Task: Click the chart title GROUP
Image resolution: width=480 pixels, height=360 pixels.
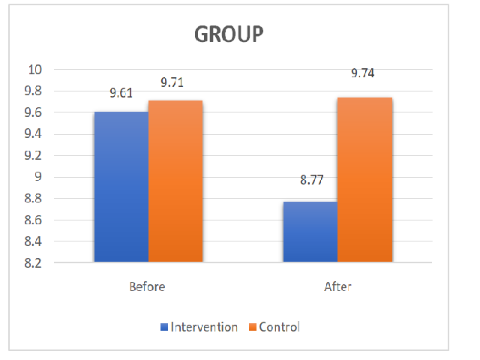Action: coord(229,35)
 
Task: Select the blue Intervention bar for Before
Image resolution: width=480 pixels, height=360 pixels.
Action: coord(121,187)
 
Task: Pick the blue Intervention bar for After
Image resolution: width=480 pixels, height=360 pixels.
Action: coord(310,232)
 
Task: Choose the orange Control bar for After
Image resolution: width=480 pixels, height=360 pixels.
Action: coord(364,180)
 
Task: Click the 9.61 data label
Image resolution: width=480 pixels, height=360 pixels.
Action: coord(121,94)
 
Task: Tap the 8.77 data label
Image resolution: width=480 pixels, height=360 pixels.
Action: coord(310,181)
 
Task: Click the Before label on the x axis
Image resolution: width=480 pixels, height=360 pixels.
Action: coord(147,286)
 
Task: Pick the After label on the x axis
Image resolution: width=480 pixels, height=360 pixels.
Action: coord(337,286)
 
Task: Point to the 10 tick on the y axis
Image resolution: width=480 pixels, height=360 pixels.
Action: coord(37,70)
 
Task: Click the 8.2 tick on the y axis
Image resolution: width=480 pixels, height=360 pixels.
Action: coord(34,264)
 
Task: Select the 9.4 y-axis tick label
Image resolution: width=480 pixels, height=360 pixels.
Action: coord(34,134)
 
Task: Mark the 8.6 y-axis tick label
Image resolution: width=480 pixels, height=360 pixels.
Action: coord(34,220)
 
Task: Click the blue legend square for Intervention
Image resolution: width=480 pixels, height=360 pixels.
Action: coord(164,327)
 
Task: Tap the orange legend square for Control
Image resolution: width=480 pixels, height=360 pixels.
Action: coord(253,327)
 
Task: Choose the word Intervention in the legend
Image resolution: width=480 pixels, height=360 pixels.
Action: coord(204,327)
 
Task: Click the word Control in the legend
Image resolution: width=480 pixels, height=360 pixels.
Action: coord(279,327)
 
